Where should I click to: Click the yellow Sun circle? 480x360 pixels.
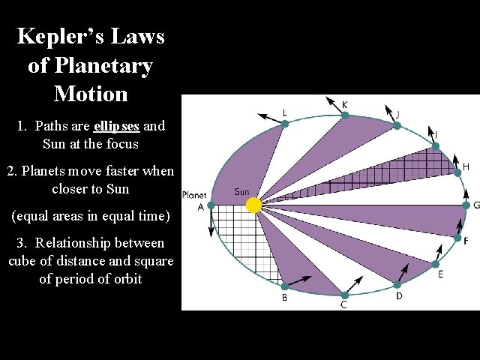253,204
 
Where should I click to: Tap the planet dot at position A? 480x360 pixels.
211,205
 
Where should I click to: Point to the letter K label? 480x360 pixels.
344,103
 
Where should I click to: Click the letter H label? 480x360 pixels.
466,166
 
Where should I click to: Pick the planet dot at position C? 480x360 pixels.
344,295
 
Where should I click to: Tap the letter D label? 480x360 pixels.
399,296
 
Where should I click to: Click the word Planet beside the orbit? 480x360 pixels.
194,195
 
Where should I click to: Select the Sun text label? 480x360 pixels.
241,192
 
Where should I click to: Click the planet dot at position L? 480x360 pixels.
284,124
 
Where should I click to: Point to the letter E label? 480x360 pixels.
440,274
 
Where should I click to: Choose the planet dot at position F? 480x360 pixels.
457,238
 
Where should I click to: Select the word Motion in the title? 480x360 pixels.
91,94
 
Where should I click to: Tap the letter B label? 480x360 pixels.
284,298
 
